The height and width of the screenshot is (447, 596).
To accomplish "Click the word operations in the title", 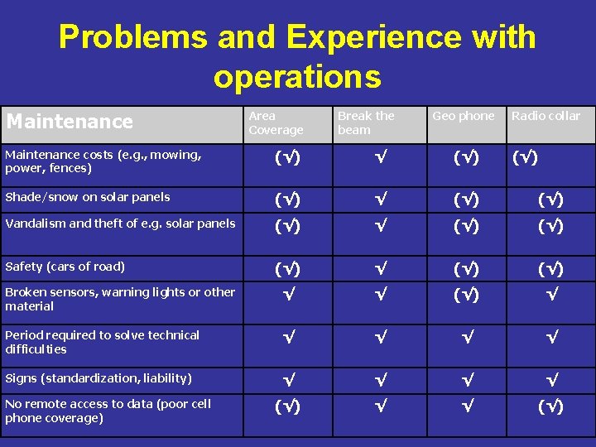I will (297, 77).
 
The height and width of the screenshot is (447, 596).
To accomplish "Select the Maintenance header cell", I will (70, 122).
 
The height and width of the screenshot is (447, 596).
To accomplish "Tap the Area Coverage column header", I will (276, 123).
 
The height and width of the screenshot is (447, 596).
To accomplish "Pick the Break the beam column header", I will (366, 123).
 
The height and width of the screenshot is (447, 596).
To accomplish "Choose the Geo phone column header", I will (463, 116).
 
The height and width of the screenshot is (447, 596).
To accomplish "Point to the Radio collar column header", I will (546, 116).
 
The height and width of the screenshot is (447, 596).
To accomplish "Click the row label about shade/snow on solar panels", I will (88, 197).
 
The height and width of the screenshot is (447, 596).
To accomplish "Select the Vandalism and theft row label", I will (120, 223).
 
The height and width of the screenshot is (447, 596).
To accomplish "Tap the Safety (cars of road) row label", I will (65, 267).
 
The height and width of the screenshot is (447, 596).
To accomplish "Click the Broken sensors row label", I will (120, 299).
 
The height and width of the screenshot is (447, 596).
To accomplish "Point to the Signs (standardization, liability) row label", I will (99, 378).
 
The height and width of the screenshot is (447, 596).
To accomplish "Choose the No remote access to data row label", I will (108, 411).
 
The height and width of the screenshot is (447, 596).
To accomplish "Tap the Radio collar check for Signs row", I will (551, 380).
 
